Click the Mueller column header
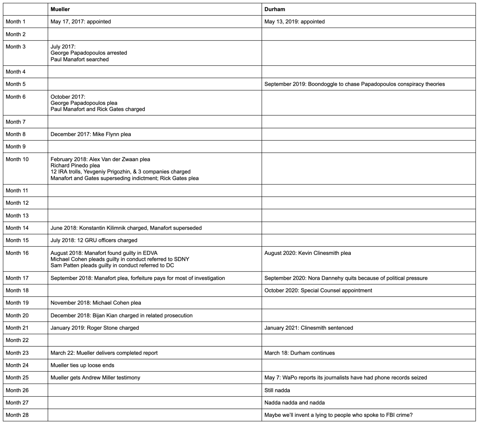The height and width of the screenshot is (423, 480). pyautogui.click(x=60, y=9)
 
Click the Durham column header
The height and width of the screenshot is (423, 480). pyautogui.click(x=275, y=9)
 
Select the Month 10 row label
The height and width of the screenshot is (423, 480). pyautogui.click(x=17, y=159)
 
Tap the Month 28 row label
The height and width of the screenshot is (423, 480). pyautogui.click(x=17, y=415)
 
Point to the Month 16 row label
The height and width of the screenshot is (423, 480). pyautogui.click(x=17, y=253)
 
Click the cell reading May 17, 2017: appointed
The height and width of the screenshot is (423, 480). pyautogui.click(x=81, y=22)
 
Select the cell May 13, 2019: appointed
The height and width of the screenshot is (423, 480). pyautogui.click(x=294, y=22)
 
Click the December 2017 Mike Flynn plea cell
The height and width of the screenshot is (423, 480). pyautogui.click(x=91, y=134)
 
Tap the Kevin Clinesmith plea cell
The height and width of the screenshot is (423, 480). pyautogui.click(x=307, y=253)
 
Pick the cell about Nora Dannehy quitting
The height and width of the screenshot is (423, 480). pyautogui.click(x=346, y=278)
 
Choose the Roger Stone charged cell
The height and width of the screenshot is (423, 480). pyautogui.click(x=95, y=328)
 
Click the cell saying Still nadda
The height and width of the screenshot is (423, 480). pyautogui.click(x=277, y=390)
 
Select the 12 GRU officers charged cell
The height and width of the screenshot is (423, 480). pyautogui.click(x=94, y=240)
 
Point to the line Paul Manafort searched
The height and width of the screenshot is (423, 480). pyautogui.click(x=80, y=59)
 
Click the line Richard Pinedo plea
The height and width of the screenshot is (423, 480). pyautogui.click(x=75, y=166)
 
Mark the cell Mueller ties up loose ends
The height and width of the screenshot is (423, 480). pyautogui.click(x=82, y=365)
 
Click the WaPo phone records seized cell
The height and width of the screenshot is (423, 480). pyautogui.click(x=346, y=378)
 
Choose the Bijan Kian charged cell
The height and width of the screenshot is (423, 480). pyautogui.click(x=122, y=316)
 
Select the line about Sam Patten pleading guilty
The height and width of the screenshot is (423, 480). pyautogui.click(x=112, y=266)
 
